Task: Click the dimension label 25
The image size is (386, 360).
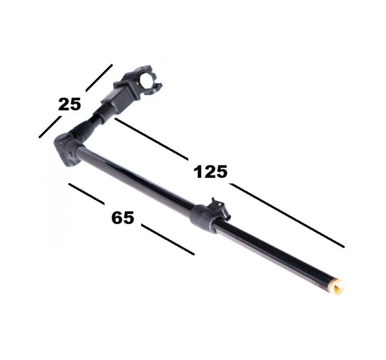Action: click(x=69, y=104)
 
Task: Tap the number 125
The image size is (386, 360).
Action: click(x=210, y=171)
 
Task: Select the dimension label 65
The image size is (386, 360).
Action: click(x=122, y=218)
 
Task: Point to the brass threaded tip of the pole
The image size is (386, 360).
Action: click(x=340, y=286)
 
